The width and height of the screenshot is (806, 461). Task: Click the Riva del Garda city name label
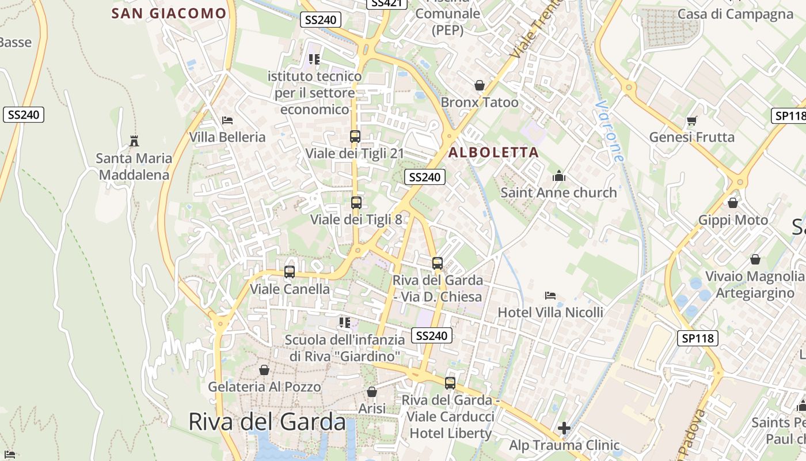point(267,422)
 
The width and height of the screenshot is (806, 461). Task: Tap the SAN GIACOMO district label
point(169,13)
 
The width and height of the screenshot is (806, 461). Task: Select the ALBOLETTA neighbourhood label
point(493,153)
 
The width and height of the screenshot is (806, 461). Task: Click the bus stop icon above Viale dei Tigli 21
point(355,137)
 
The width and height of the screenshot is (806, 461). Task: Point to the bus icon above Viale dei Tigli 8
point(356,203)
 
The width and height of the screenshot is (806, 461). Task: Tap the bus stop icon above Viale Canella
point(290,272)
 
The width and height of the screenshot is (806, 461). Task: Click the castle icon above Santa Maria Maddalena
point(134,141)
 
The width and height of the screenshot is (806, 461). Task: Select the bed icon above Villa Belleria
point(227,120)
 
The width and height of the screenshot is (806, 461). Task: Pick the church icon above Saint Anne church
point(558,176)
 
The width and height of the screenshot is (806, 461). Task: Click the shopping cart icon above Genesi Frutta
point(691,120)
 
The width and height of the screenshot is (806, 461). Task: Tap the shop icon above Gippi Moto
point(733,203)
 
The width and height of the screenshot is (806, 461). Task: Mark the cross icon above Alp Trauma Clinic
point(564,428)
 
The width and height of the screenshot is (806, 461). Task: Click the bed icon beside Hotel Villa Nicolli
point(550,296)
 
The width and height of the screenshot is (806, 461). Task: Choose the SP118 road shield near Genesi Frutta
point(788,116)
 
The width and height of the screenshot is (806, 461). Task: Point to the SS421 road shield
point(386,3)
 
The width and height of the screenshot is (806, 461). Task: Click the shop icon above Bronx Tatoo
point(479,86)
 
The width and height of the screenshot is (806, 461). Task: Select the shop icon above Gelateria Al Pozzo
point(264,370)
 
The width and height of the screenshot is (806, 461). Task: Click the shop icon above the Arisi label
point(372,392)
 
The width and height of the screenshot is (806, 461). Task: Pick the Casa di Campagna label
point(735,14)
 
